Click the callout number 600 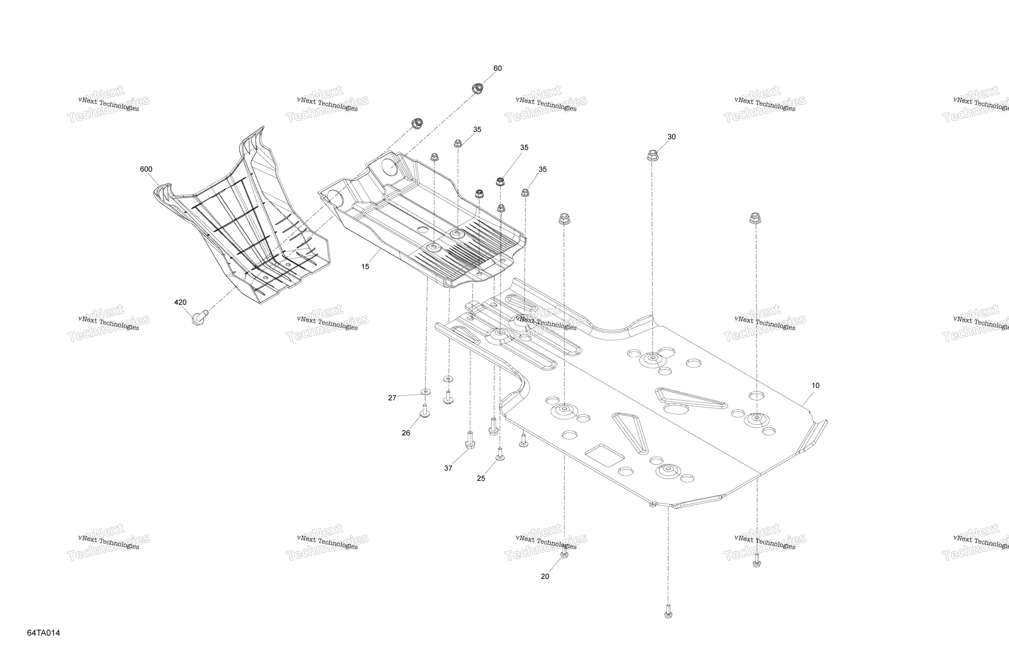click(146, 169)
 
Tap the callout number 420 click(180, 302)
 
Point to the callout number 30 click(672, 136)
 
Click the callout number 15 click(365, 267)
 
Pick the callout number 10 click(815, 385)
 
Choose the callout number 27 click(392, 398)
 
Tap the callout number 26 click(406, 433)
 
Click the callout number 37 click(448, 468)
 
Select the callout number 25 click(481, 478)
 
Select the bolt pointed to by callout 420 click(198, 317)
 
